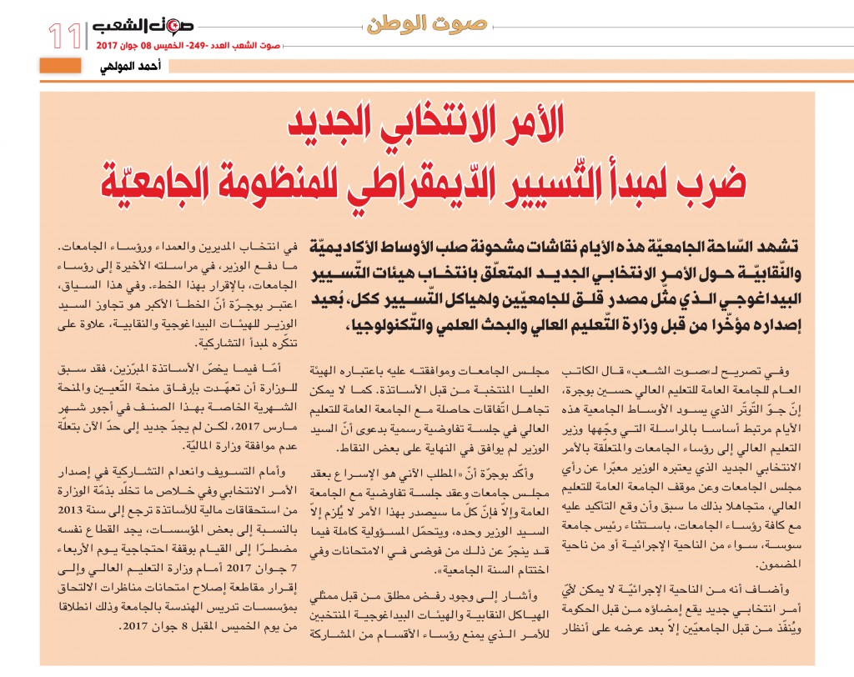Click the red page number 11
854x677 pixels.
point(65,35)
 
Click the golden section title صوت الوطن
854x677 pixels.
point(426,23)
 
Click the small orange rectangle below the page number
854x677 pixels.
point(60,65)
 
